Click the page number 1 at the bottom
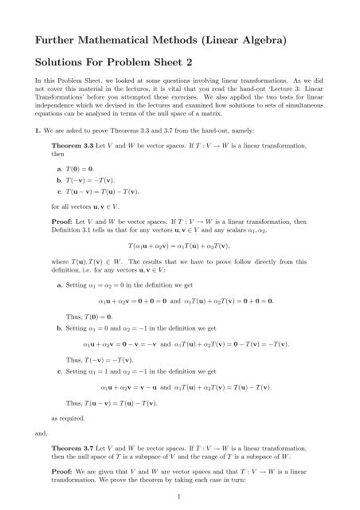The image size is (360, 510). [x=180, y=496]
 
